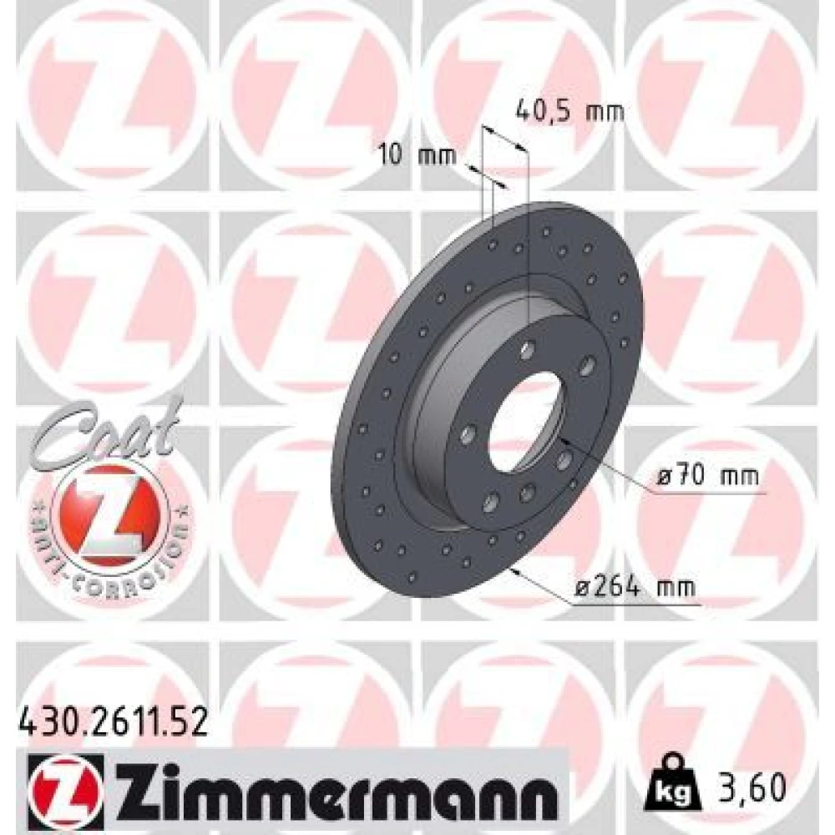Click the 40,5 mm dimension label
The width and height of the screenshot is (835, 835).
[569, 111]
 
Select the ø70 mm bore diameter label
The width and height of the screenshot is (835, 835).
[708, 476]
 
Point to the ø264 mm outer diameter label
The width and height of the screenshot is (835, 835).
[635, 587]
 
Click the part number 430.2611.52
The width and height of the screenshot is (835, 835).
[113, 724]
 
